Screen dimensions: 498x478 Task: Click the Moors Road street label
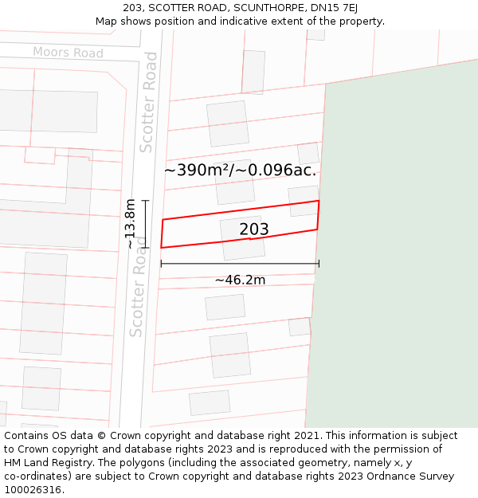pos(68,53)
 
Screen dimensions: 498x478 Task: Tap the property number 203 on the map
pos(254,229)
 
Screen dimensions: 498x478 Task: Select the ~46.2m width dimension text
pos(240,280)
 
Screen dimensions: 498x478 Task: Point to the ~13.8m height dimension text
pos(131,224)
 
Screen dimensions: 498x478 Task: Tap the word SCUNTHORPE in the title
pos(268,7)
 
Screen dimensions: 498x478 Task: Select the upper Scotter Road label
pos(149,102)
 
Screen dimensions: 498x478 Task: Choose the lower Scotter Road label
pos(138,292)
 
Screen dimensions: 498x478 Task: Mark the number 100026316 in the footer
pos(33,489)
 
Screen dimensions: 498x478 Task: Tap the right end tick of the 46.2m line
pos(319,264)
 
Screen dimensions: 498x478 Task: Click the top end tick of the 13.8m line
pos(146,201)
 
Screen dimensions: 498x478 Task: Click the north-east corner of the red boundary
pos(319,201)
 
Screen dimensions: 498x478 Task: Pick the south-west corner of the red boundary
pos(161,247)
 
